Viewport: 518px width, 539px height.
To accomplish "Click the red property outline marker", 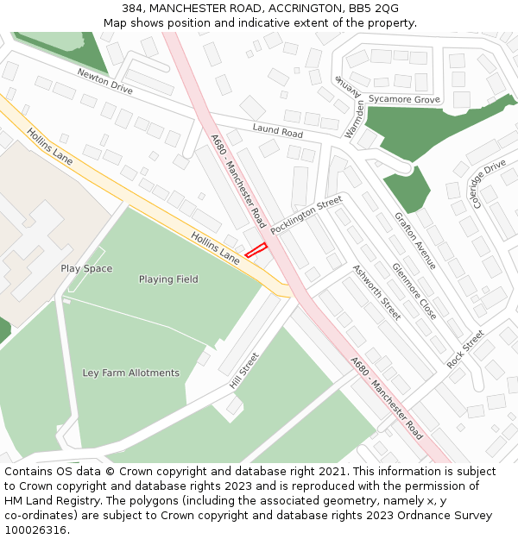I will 256,251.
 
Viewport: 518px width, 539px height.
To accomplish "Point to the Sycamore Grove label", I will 404,100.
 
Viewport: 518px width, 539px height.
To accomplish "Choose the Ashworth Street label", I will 376,292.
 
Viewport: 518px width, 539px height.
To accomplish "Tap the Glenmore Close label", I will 414,291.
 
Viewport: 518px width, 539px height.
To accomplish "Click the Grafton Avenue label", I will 415,241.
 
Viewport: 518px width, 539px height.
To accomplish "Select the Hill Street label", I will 244,371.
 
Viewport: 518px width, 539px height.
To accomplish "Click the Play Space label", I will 86,269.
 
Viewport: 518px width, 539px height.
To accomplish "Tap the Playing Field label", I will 168,279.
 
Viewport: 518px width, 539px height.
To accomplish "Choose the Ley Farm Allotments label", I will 131,373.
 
